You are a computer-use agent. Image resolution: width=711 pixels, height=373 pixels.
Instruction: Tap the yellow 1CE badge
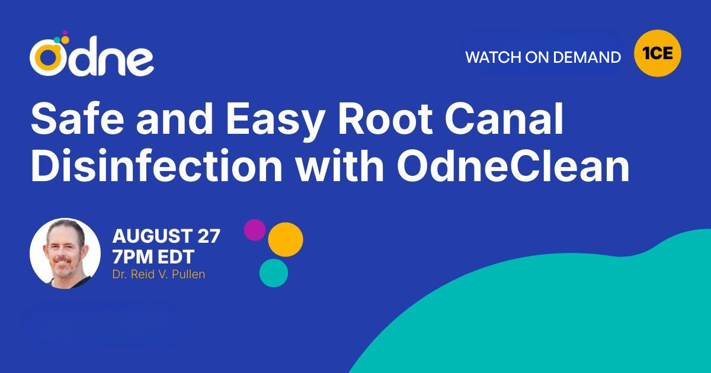657,53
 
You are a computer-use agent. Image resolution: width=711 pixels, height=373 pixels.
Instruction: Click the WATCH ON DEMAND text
543,57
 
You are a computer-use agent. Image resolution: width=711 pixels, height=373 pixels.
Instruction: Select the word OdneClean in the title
513,168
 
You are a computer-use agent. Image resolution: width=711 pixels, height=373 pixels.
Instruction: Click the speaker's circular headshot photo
65,253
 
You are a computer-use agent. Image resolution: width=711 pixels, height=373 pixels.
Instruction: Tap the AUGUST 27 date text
166,236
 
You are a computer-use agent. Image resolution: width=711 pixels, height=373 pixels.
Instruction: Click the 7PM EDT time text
153,257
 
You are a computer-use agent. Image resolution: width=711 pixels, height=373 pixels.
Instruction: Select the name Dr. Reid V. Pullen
158,275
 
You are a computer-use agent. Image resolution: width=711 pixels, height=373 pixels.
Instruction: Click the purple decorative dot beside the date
255,230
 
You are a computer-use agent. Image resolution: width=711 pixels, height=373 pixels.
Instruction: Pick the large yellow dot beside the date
286,239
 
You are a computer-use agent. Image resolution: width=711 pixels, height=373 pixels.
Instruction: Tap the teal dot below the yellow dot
274,273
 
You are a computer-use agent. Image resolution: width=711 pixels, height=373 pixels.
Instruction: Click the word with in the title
338,168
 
